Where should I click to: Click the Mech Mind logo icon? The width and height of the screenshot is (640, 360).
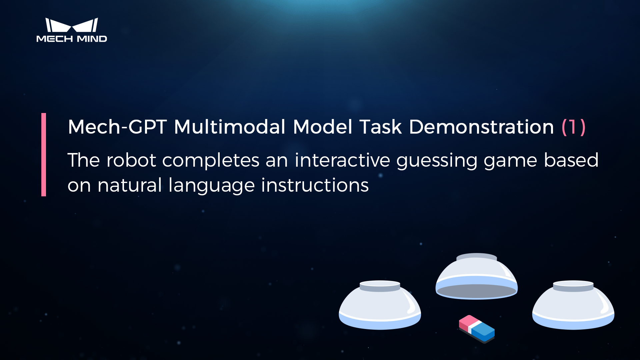72,25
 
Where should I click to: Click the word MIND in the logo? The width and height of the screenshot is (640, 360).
92,39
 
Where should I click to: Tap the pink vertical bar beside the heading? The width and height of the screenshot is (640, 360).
44,155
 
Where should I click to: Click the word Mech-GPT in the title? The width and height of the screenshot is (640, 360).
117,127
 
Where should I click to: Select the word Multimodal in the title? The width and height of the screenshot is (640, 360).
230,127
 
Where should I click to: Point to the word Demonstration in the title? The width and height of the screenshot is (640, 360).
481,127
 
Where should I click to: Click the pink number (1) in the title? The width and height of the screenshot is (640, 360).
573,127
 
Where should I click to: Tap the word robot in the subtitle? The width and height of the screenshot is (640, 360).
131,160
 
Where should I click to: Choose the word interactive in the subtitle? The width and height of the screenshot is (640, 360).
342,160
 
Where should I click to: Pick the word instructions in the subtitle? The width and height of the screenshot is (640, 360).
315,185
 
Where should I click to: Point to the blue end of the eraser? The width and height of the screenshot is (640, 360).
483,331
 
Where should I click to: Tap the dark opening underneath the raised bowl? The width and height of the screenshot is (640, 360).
477,291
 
